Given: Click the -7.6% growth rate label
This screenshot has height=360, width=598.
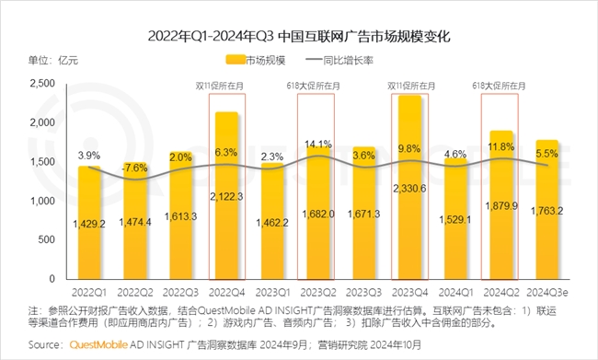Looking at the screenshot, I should (x=135, y=168).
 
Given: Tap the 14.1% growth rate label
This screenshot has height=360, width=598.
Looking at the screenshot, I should (x=317, y=144).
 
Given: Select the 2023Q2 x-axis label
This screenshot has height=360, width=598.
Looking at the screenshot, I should (x=317, y=290).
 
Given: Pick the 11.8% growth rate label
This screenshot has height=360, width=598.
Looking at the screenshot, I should (x=501, y=145).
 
